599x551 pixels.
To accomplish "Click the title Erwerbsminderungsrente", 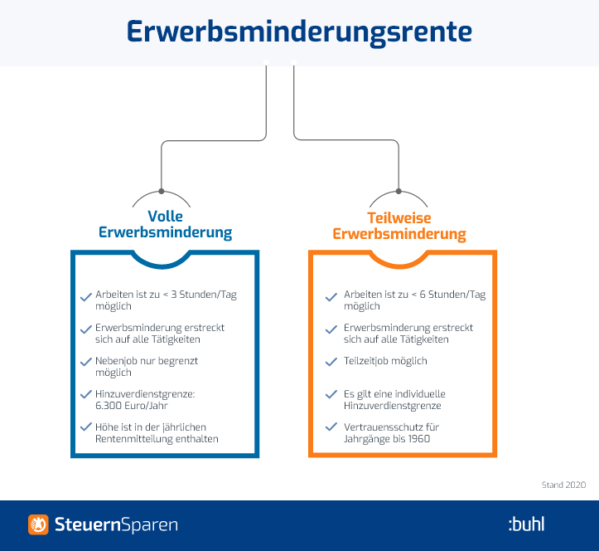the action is click(299, 32).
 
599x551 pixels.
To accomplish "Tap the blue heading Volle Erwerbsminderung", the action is click(166, 224).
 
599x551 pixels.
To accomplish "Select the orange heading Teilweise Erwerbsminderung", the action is click(399, 226).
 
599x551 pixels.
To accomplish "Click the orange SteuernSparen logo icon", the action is click(38, 524).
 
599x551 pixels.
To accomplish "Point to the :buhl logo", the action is click(526, 524).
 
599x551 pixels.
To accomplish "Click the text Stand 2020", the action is click(563, 485).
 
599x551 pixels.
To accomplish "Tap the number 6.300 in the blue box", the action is click(108, 406).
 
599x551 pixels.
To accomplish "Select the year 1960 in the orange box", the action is click(419, 438).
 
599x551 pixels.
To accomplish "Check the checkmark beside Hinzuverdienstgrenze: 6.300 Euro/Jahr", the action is click(86, 394).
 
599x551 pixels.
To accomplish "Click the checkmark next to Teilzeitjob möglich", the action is click(331, 362).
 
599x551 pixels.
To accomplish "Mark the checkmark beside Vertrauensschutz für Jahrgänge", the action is click(331, 427).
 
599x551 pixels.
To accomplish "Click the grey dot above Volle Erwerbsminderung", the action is click(162, 191).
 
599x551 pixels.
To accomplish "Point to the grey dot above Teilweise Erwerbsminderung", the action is click(399, 191).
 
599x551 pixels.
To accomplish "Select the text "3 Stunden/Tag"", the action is click(204, 295).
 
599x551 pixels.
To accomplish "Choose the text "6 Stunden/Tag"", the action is click(452, 295).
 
